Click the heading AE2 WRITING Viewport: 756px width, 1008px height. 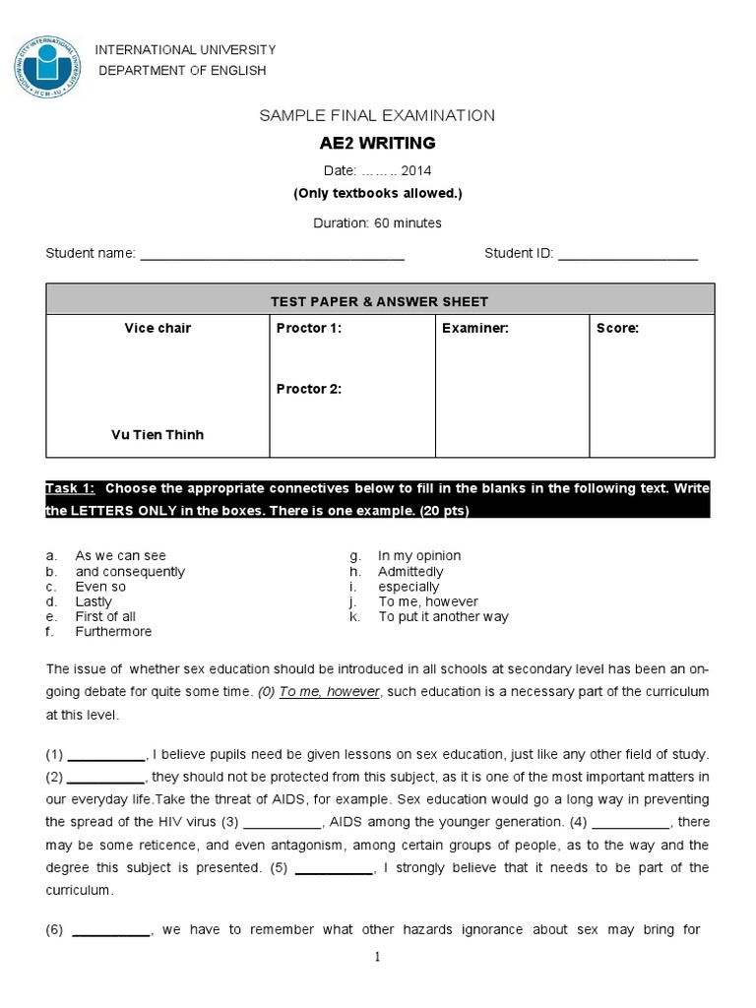pos(377,144)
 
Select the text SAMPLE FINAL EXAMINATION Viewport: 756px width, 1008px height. pos(377,115)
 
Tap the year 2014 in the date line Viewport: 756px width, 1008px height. pos(415,170)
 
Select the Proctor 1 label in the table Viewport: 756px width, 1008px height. pos(309,329)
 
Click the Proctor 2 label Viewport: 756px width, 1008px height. pos(309,389)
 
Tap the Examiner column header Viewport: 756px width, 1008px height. pos(475,329)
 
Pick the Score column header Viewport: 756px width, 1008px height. pos(617,329)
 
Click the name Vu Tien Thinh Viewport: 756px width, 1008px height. pos(157,435)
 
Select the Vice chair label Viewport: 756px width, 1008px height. pos(157,329)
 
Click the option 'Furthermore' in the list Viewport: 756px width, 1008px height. pos(113,632)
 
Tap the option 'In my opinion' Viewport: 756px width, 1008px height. pos(418,556)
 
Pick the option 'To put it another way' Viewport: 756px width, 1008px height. pos(443,617)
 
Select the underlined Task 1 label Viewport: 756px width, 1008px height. pos(71,488)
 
